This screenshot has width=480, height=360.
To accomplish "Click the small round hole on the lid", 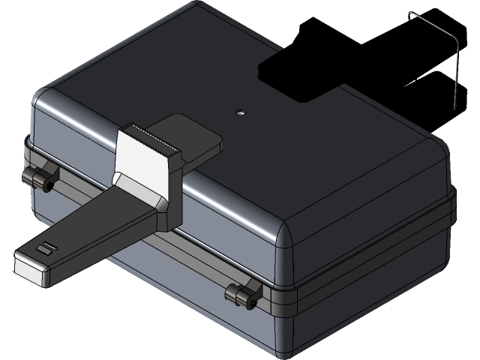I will click(x=240, y=112).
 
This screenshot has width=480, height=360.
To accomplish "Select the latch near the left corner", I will click(x=40, y=178).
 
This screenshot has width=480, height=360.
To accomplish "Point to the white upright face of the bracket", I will click(x=142, y=161).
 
